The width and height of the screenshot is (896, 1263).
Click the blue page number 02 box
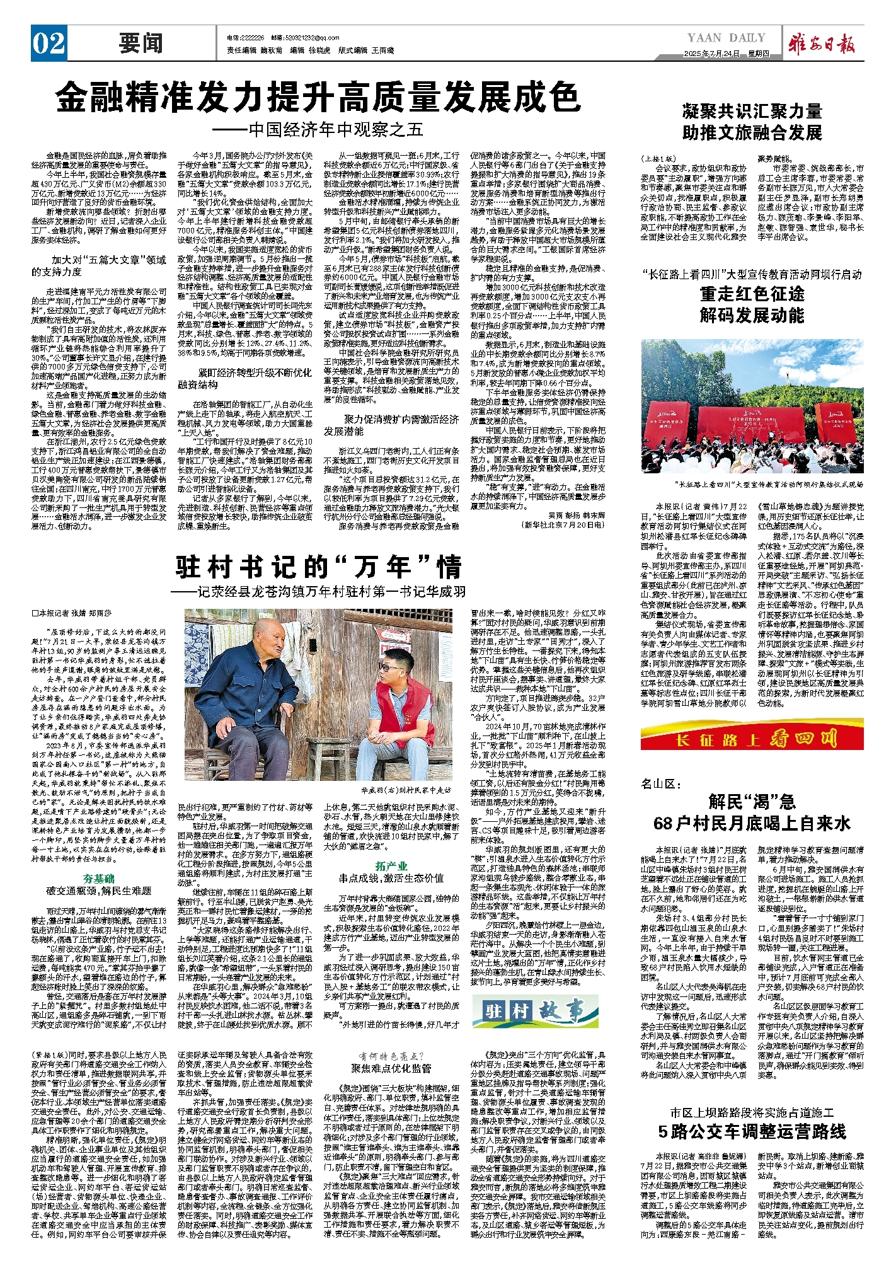click(49, 43)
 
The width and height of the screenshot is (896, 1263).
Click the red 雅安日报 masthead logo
click(824, 45)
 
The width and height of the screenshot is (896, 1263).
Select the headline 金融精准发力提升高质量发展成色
click(318, 97)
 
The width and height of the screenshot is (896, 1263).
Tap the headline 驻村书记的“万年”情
click(318, 567)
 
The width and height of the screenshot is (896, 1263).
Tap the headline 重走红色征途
click(752, 294)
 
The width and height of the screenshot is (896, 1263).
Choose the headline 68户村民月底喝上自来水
click(752, 823)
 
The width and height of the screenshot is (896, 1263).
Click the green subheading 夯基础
click(99, 879)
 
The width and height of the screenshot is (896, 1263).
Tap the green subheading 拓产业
click(391, 865)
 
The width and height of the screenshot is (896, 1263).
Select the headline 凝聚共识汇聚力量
click(752, 112)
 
